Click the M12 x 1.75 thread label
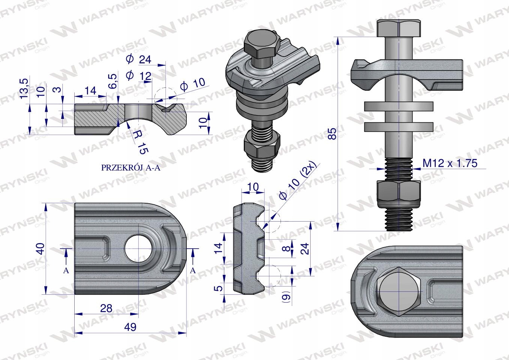point(450,163)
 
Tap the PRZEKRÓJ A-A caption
point(131,168)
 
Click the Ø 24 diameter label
point(138,59)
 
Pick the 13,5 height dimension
point(24,88)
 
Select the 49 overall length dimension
point(130,327)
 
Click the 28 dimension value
point(106,308)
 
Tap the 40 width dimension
point(41,249)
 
